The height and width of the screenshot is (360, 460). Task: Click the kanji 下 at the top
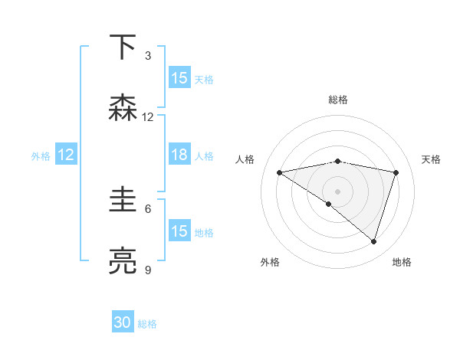[x=123, y=47]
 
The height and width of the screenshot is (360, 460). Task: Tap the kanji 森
[x=123, y=108]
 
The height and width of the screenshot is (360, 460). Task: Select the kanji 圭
[x=123, y=200]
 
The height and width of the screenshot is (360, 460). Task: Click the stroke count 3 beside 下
[x=148, y=55]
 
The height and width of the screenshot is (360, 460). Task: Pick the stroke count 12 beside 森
[x=148, y=116]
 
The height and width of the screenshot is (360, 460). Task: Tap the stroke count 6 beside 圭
[x=148, y=208]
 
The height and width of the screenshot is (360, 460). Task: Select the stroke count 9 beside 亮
[x=148, y=270]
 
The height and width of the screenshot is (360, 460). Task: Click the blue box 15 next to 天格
[x=179, y=78]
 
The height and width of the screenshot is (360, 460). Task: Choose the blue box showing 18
[x=179, y=155]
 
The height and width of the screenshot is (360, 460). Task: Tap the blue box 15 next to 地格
[x=179, y=231]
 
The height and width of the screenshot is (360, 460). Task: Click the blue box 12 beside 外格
[x=66, y=155]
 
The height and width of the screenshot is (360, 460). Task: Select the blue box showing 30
[x=123, y=323]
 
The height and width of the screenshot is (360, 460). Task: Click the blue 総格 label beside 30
[x=147, y=324]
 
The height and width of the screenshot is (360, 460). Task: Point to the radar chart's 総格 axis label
[x=338, y=100]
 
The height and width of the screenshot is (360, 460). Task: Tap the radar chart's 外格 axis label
[x=270, y=262]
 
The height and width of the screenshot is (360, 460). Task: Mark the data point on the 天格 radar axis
[x=396, y=172]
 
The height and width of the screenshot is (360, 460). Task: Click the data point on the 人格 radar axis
[x=280, y=172]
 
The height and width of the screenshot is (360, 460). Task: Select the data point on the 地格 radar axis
[x=374, y=241]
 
